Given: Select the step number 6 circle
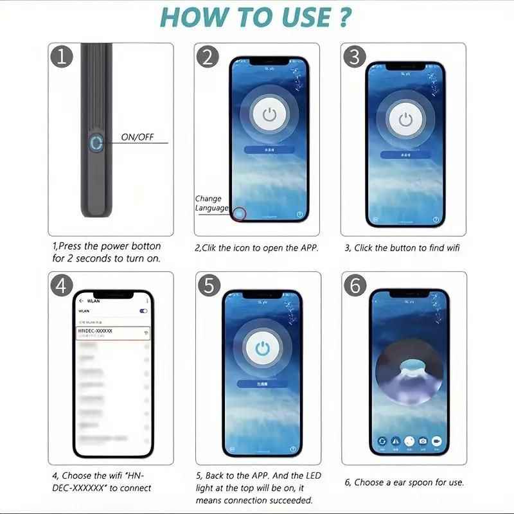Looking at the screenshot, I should pos(355,285).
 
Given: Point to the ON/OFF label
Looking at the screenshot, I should pos(137,137).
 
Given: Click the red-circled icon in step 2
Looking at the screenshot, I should pos(239,214).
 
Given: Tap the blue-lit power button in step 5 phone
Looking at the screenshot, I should pos(261,348).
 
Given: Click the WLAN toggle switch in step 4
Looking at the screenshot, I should pos(143,311).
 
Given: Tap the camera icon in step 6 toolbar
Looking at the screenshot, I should pos(423,441).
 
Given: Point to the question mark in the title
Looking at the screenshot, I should pos(344,17).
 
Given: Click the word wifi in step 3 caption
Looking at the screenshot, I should pos(452,248).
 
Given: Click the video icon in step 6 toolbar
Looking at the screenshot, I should pos(438,441).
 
